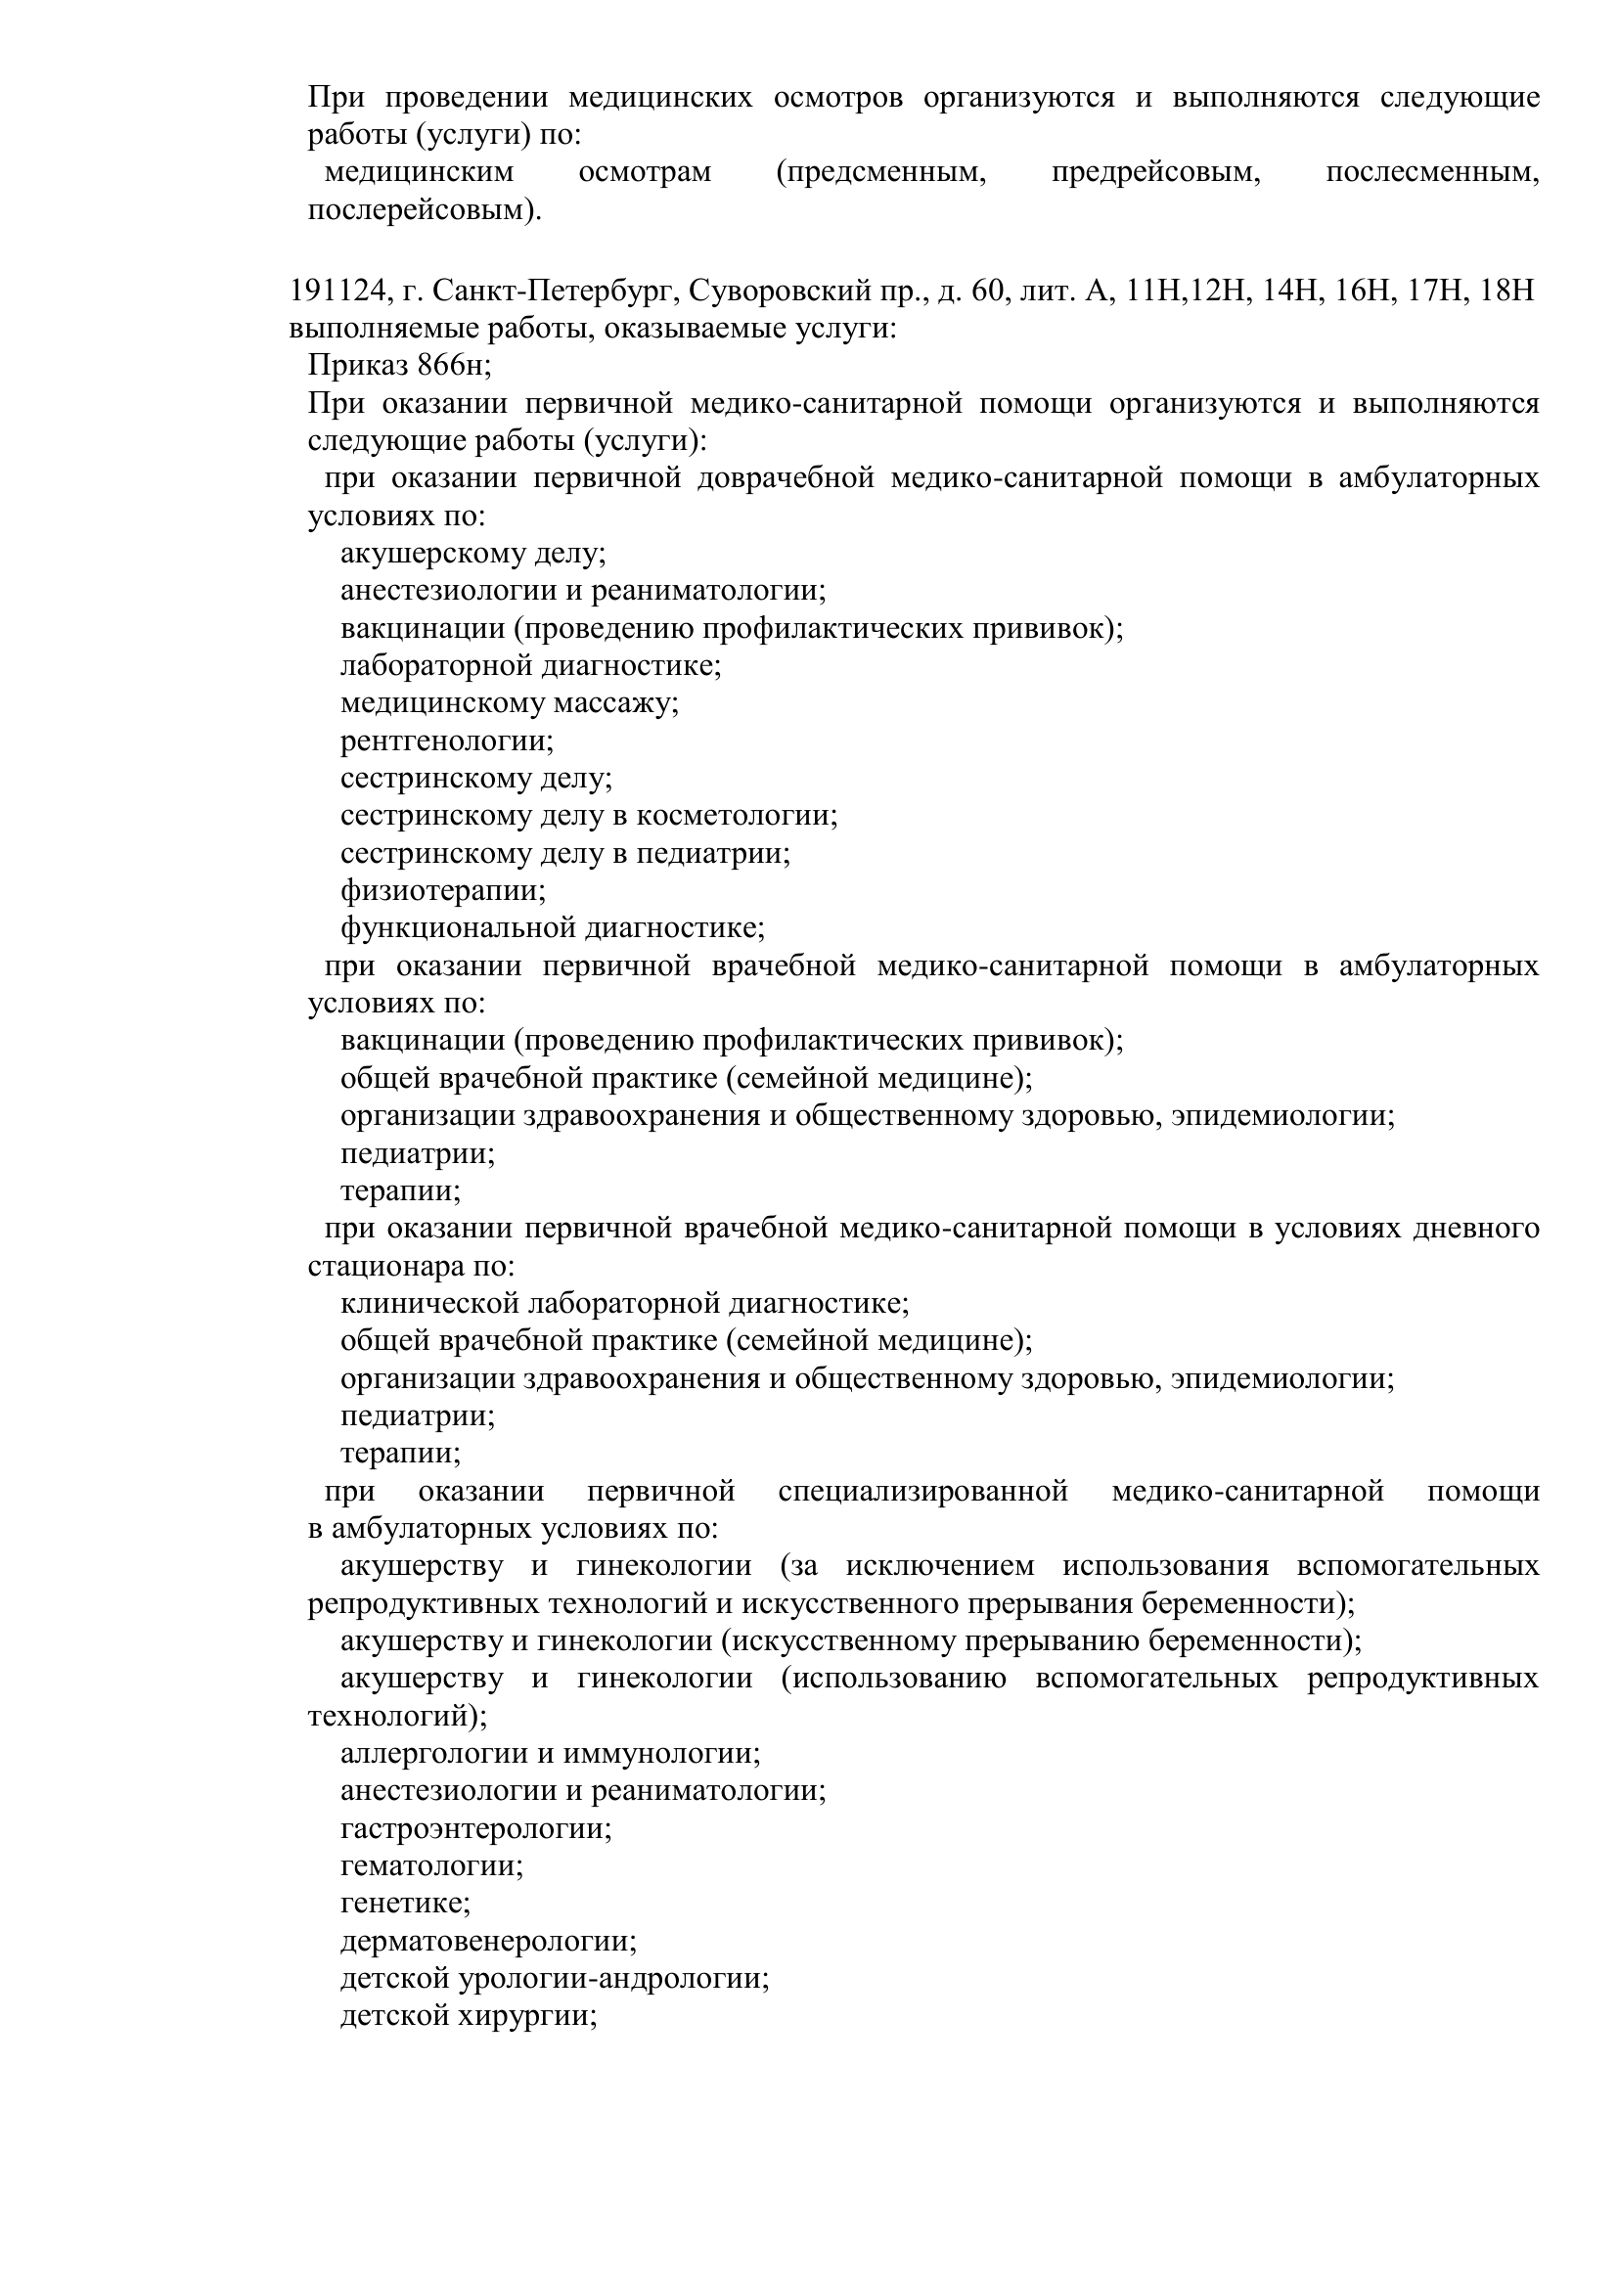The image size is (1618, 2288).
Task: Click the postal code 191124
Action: coord(337,291)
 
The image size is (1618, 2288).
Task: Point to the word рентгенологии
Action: coord(446,740)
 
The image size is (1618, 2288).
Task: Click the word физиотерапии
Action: coord(442,890)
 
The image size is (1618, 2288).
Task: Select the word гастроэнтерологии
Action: coord(475,1828)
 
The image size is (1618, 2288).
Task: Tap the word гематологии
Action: coord(431,1865)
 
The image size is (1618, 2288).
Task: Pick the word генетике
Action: coord(405,1904)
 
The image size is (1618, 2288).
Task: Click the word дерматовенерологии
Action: coord(488,1941)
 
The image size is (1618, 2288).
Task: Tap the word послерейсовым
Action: coord(425,211)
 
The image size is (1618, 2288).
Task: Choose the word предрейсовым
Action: coord(1156,172)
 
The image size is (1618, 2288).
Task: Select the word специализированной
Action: coord(922,1492)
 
